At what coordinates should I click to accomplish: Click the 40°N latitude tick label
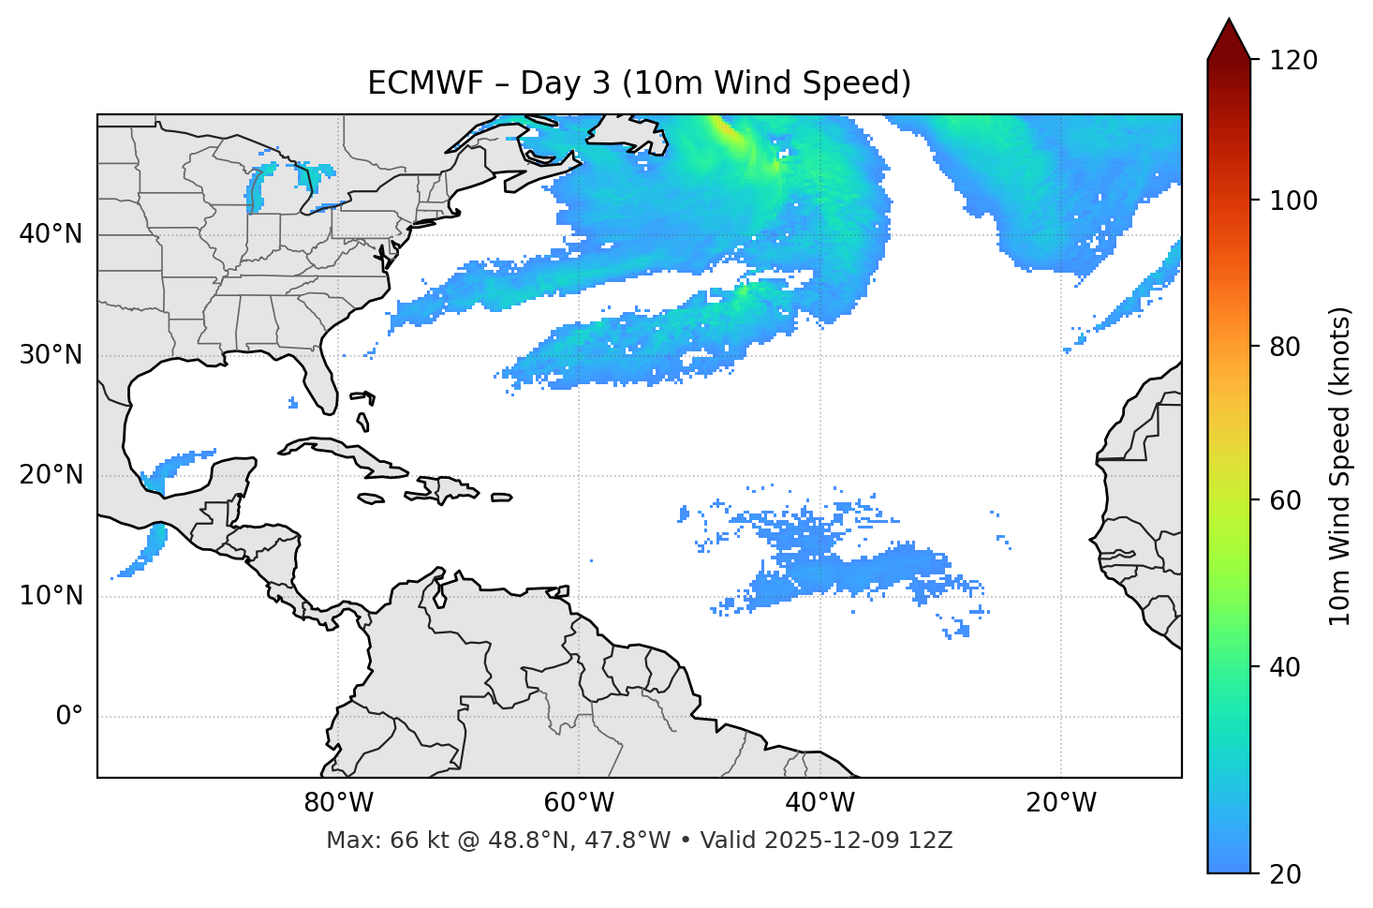click(x=51, y=234)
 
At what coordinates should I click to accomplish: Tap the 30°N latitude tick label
click(x=51, y=355)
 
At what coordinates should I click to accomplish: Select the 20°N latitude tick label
click(x=51, y=475)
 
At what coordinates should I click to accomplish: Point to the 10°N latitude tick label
click(x=51, y=596)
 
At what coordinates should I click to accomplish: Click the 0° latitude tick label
click(x=68, y=717)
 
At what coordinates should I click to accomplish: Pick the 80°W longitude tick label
click(x=338, y=803)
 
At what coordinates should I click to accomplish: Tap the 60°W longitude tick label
click(x=579, y=803)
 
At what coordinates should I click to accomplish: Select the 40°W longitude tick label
click(x=819, y=803)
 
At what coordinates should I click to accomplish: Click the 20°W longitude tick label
click(x=1061, y=803)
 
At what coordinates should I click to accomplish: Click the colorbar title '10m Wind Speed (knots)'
click(x=1340, y=466)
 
